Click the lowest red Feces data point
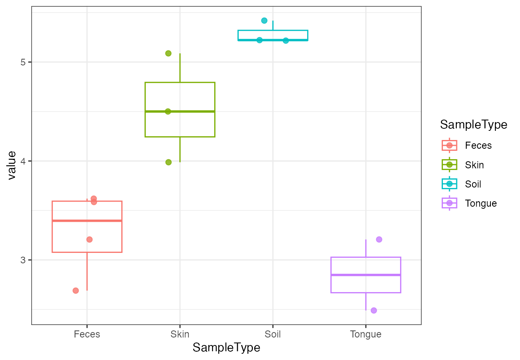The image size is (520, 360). coord(75,290)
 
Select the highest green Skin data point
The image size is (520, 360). coord(168,53)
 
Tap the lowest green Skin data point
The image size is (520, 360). coord(168,162)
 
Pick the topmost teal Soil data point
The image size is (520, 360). coord(264,20)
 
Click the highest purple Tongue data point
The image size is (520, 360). coord(379,239)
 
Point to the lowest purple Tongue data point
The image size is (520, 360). coord(374,310)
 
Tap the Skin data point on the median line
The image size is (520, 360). coord(168,111)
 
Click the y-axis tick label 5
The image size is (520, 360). coord(23,62)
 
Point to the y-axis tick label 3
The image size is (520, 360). coord(23,260)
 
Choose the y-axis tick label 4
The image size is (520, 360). coord(23,161)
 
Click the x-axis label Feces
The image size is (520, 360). coord(87,334)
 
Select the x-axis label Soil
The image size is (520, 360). coord(272,334)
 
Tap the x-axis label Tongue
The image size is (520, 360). coord(365,334)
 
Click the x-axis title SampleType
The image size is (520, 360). coord(226,348)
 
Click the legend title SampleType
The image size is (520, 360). coord(473,125)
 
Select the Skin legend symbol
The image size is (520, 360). coord(449,165)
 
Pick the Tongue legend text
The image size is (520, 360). coord(481,203)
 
